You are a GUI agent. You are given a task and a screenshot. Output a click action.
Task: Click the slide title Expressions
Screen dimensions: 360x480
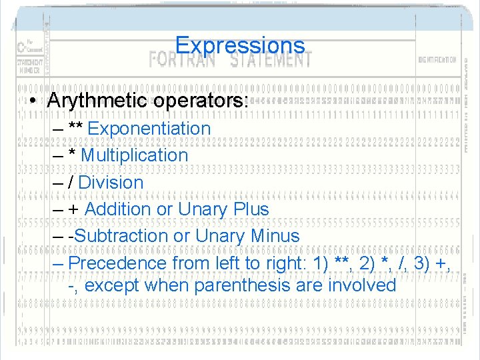240,45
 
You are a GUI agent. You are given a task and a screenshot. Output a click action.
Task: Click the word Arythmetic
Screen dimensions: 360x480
97,101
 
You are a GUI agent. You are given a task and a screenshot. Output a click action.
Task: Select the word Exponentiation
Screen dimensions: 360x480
149,128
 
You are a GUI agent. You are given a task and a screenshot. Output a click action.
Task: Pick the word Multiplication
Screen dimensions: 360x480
135,155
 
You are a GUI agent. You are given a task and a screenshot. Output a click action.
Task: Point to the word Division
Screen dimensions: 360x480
111,182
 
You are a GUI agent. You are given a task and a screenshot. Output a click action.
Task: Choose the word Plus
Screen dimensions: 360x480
251,209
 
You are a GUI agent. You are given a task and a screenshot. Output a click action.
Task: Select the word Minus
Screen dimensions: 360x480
275,235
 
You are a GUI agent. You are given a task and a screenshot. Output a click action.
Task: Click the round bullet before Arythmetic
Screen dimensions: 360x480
32,101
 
